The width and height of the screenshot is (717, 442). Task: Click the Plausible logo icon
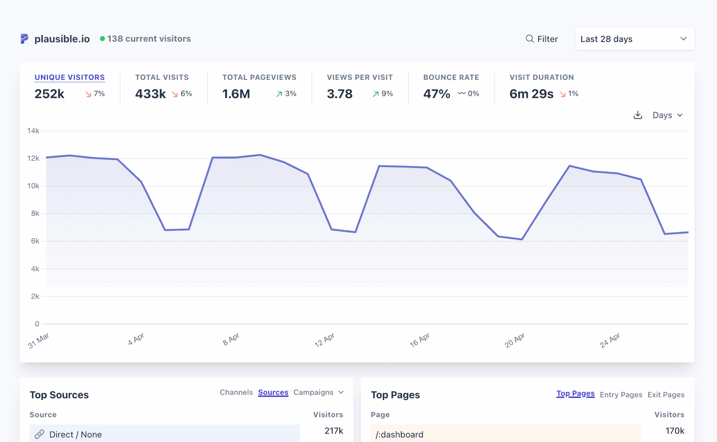[x=24, y=38]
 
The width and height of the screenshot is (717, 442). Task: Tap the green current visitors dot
[x=102, y=38]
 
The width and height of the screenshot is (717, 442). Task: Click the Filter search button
[x=542, y=39]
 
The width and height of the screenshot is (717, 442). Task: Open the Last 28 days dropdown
[x=634, y=39]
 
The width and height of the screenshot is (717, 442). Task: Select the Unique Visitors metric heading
[x=70, y=77]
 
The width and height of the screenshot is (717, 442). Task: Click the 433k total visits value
[x=151, y=94]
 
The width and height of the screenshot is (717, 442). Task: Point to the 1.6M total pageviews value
[x=236, y=94]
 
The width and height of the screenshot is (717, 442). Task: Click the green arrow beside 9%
[x=376, y=94]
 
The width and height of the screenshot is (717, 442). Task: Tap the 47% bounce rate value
[x=437, y=94]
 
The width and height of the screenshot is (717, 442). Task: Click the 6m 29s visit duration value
[x=531, y=94]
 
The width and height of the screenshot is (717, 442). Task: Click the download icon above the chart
[x=638, y=115]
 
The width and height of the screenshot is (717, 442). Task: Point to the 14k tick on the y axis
[x=33, y=131]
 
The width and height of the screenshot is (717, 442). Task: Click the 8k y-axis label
[x=35, y=213]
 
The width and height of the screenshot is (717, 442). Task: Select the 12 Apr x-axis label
[x=324, y=340]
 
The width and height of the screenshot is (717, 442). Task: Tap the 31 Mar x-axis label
[x=38, y=341]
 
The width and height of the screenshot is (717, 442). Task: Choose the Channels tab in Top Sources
[x=236, y=392]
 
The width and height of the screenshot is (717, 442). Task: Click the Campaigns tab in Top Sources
[x=313, y=392]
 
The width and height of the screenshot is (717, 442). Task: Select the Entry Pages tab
[x=621, y=394]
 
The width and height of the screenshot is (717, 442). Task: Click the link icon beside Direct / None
[x=39, y=434]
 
